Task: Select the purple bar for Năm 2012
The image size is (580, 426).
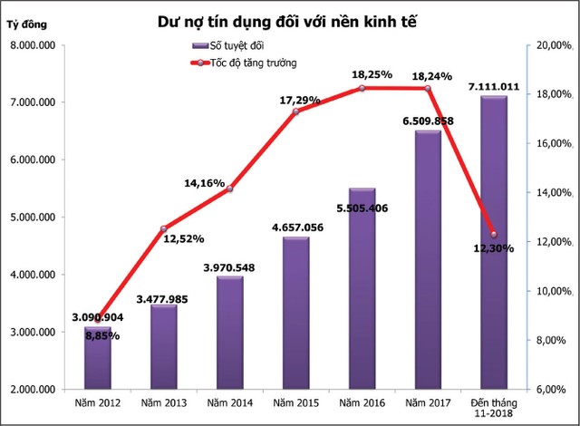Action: [97, 363]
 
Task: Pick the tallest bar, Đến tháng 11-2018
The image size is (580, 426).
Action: [494, 245]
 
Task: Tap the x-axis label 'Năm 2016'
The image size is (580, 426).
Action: [362, 402]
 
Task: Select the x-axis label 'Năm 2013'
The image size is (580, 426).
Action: [164, 402]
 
